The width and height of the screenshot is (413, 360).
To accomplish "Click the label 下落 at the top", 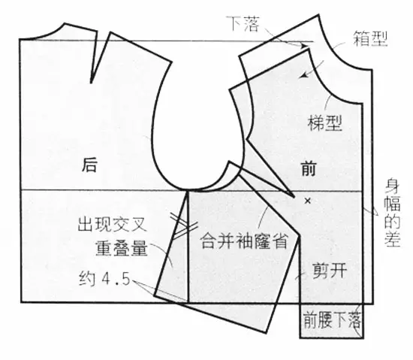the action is click(x=243, y=24).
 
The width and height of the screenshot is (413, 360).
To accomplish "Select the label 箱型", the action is click(x=370, y=39).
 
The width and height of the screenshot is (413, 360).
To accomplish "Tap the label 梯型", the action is click(x=325, y=123).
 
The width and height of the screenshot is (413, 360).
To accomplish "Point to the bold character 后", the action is click(x=89, y=165).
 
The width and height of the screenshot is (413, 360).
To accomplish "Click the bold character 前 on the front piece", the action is click(x=309, y=168).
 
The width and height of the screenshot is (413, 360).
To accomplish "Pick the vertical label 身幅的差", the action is click(x=393, y=213).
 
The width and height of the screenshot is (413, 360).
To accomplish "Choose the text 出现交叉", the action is click(x=112, y=225).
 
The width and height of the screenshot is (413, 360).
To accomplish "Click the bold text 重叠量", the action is click(x=122, y=248).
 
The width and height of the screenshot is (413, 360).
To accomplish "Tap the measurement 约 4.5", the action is click(x=105, y=279).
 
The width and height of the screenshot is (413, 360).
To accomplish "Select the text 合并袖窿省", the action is click(x=243, y=241).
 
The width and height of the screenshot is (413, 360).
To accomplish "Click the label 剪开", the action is click(x=329, y=271).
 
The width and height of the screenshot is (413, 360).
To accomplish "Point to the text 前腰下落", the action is click(x=332, y=319).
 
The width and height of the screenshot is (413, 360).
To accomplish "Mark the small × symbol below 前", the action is click(x=307, y=201).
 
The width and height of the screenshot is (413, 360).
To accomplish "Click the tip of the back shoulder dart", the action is click(x=91, y=83).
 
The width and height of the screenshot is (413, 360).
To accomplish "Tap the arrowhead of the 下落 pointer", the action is click(x=304, y=46).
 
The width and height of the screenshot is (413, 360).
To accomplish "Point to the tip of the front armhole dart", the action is click(x=294, y=197).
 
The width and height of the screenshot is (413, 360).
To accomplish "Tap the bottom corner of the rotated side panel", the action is click(x=265, y=332).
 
